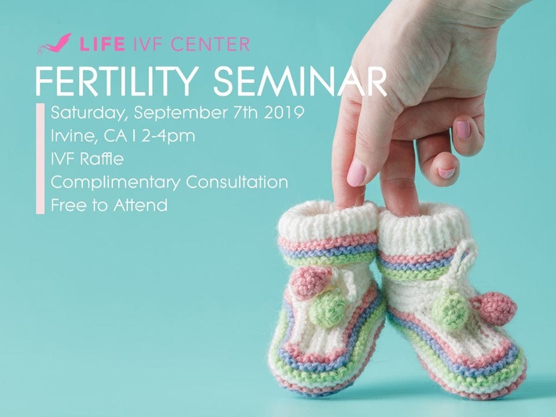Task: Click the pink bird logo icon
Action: point(54,43)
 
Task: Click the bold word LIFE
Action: point(102,45)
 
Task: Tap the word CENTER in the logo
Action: point(210,45)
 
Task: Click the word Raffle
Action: point(101,159)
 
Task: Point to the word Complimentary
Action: point(115,182)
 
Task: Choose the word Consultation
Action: point(237,182)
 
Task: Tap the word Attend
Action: point(140,205)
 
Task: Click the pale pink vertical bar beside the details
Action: point(41,159)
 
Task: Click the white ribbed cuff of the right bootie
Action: point(424,230)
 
